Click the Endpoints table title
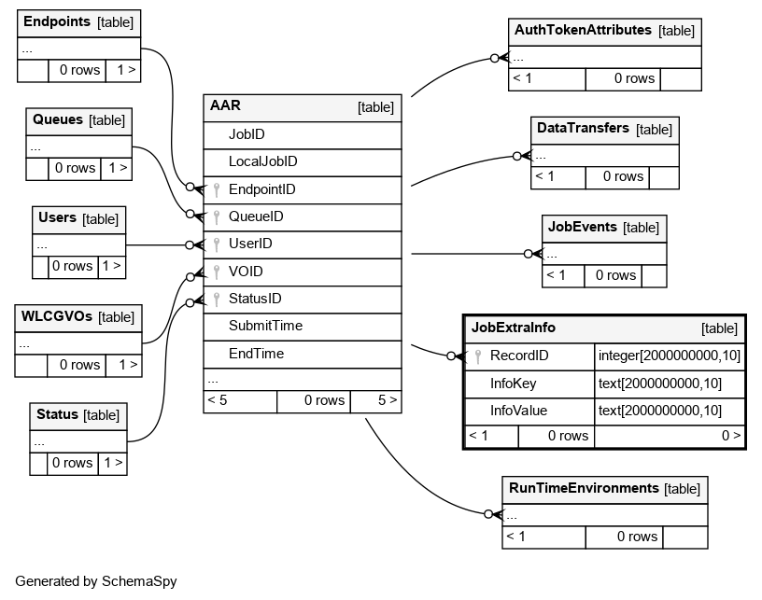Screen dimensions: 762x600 pos(57,21)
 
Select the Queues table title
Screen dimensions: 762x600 pos(58,119)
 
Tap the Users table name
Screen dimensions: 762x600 pos(57,218)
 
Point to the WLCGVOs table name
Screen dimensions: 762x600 pos(56,316)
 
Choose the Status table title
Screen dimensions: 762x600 pos(57,414)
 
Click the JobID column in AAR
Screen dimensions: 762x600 pos(247,134)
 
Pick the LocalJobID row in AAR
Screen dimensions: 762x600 pos(263,161)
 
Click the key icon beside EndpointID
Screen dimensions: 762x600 pos(217,189)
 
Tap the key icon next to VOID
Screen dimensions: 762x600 pos(217,272)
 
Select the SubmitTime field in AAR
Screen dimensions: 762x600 pos(265,326)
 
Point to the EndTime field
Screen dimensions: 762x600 pos(256,354)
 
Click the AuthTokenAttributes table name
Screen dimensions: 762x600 pos(583,30)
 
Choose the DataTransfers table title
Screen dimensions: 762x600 pos(583,128)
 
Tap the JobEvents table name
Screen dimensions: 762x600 pos(582,227)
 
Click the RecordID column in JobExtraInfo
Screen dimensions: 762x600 pos(519,356)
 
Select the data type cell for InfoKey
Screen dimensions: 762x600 pos(660,384)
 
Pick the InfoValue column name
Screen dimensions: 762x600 pos(518,412)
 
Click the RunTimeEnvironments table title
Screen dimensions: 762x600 pos(584,488)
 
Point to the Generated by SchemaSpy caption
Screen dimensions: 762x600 pos(96,581)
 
